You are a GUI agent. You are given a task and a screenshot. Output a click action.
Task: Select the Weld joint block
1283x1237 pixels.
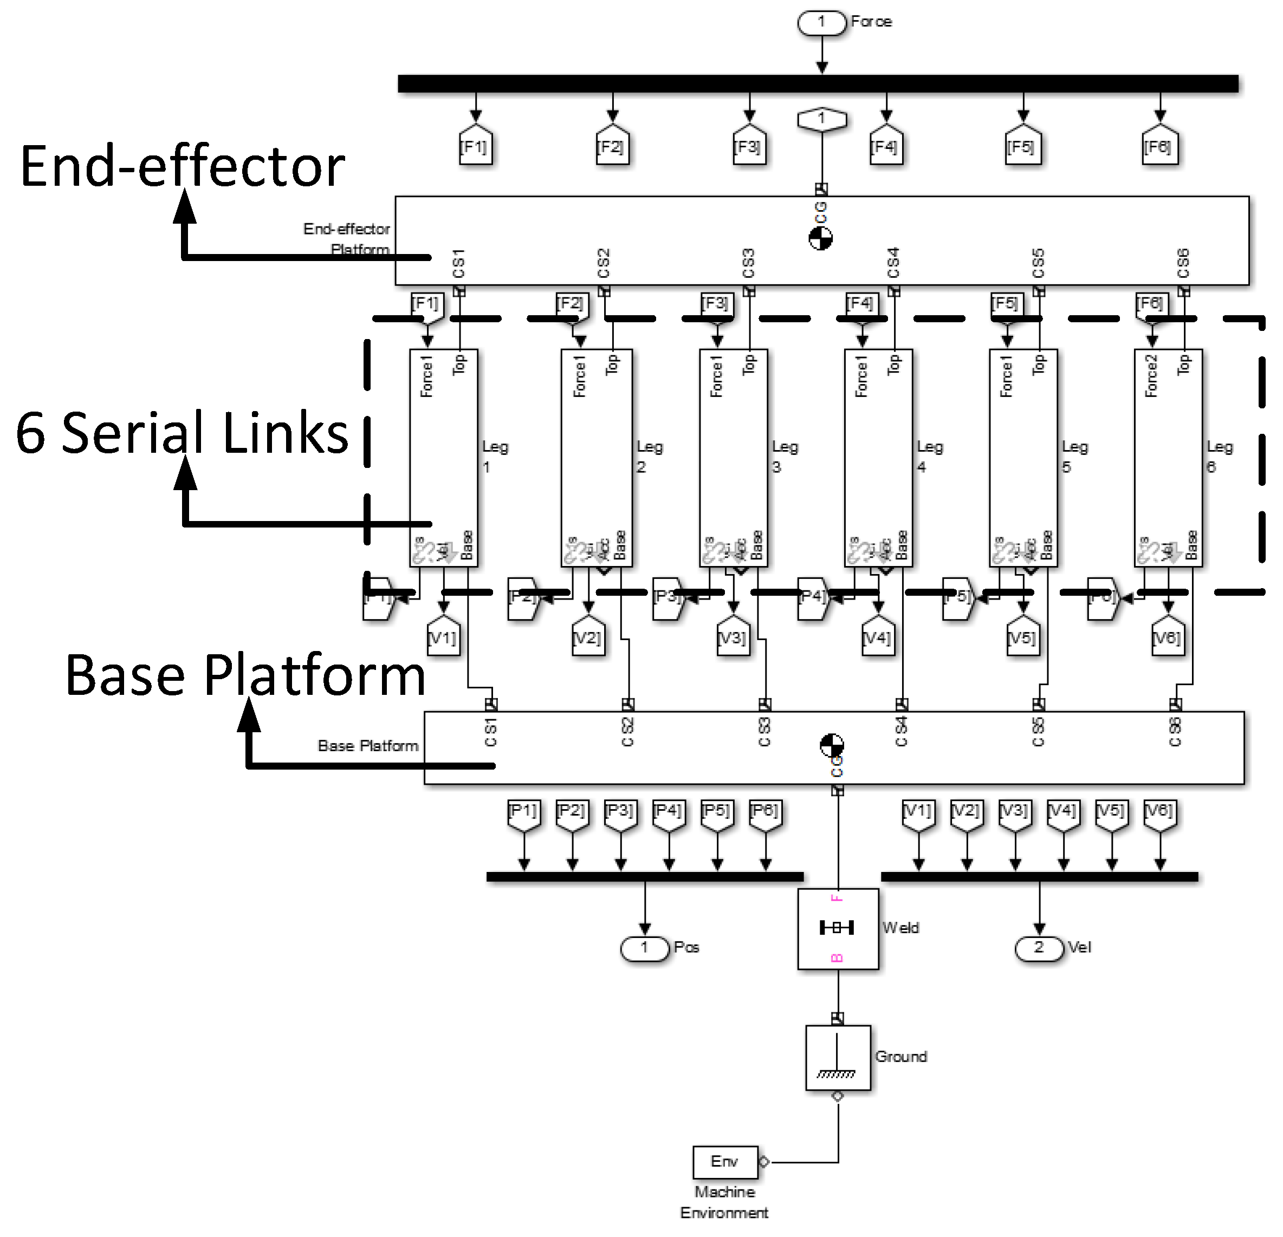[837, 928]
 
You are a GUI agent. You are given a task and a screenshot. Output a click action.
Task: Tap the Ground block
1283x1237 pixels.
[837, 1057]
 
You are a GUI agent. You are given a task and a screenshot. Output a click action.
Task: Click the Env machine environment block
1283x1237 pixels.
[724, 1162]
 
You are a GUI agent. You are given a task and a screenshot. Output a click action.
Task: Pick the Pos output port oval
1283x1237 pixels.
[645, 948]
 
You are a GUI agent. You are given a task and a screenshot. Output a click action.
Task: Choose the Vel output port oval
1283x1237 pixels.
[1039, 948]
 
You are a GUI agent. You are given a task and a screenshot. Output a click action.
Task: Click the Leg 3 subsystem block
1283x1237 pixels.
[733, 458]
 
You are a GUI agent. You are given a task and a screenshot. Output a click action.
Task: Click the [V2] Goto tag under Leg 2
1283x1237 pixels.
[588, 637]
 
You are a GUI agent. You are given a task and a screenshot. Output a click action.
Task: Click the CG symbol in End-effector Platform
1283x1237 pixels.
[820, 238]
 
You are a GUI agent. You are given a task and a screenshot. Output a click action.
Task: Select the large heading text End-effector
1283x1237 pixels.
[182, 167]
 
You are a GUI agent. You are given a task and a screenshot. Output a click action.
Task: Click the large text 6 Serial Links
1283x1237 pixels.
[182, 433]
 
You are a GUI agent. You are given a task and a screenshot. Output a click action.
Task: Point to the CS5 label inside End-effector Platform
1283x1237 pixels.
[1038, 263]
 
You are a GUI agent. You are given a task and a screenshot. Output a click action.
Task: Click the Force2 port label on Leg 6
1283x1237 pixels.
[1151, 376]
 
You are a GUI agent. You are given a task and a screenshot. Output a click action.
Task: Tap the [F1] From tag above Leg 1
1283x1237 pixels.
[427, 304]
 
